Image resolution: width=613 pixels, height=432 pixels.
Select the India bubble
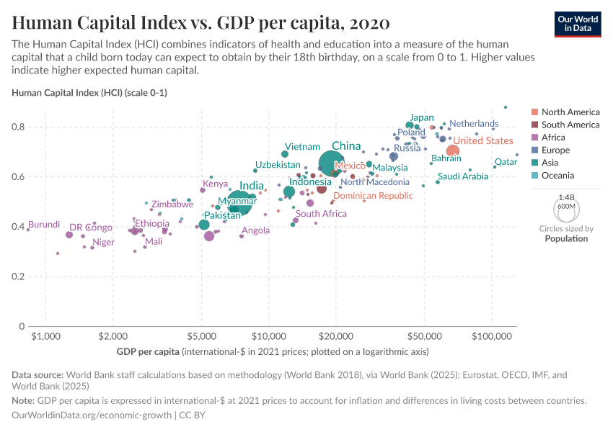coord(239,203)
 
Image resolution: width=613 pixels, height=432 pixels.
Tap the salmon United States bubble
coord(453,150)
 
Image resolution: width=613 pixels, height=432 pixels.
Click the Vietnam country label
coord(302,146)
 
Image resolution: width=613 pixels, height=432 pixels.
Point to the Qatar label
coord(506,162)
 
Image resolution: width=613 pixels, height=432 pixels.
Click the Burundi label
coord(44,225)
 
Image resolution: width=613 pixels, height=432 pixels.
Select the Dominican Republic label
coord(373,196)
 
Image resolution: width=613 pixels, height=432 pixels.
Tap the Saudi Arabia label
coord(462,176)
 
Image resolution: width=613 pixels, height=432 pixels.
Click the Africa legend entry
coord(553,138)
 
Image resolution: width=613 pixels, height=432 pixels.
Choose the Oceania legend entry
coord(557,176)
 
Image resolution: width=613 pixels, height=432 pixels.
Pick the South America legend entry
coord(570,125)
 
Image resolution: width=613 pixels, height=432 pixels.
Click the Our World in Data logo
coord(577,23)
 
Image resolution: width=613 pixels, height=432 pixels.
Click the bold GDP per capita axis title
coord(148,352)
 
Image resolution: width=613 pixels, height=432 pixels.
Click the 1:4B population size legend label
coord(567,197)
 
